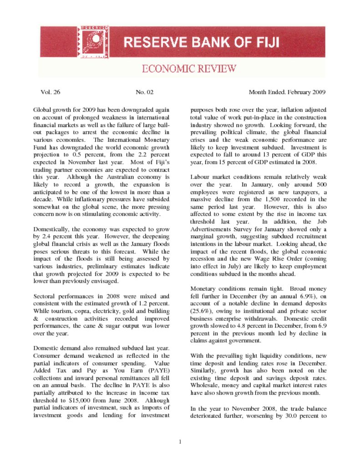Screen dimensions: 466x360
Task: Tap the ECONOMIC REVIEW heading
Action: [x=189, y=69]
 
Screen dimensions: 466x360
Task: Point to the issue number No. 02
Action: [x=145, y=92]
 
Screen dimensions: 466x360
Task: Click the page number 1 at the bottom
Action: [x=180, y=441]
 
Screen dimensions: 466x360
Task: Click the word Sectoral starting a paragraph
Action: [x=46, y=296]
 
